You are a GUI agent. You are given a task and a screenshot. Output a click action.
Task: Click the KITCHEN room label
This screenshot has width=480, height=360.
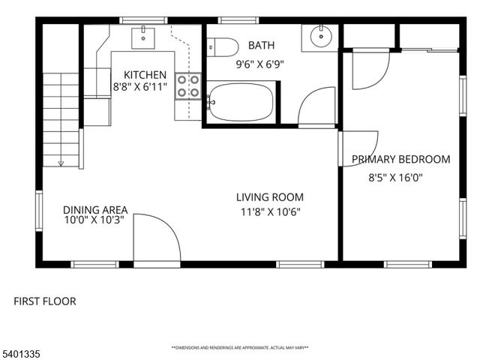tap(145, 74)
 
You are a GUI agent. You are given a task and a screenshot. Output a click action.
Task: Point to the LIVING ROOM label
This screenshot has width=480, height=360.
tap(270, 197)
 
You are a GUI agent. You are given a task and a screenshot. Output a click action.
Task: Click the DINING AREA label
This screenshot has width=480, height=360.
tap(94, 209)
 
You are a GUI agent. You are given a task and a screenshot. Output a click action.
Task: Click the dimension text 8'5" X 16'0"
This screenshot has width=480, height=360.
tap(396, 178)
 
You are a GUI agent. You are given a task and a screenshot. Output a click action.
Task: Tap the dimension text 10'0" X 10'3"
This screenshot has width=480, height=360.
tap(94, 220)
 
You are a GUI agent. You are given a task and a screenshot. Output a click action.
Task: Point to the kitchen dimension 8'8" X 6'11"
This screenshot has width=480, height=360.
tap(139, 88)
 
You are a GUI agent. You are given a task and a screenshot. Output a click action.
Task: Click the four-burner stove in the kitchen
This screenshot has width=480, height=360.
tap(188, 86)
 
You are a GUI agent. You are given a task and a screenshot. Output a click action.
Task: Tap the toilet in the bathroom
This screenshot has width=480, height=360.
tap(223, 46)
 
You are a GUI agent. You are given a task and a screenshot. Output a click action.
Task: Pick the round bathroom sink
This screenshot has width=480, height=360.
tap(320, 35)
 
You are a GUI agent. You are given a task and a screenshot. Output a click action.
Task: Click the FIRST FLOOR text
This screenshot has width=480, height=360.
tap(45, 301)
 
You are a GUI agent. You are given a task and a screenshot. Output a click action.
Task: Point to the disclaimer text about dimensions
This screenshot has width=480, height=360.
tap(240, 348)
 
